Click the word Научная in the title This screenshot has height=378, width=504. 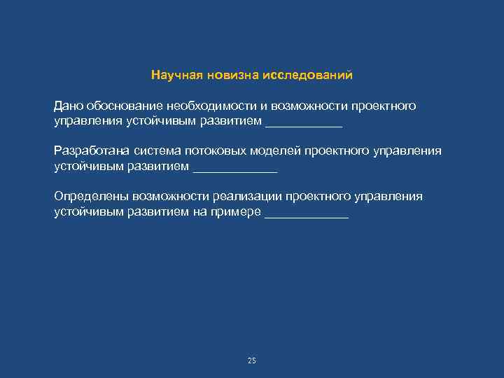(172, 74)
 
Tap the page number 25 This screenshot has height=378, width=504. (252, 360)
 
